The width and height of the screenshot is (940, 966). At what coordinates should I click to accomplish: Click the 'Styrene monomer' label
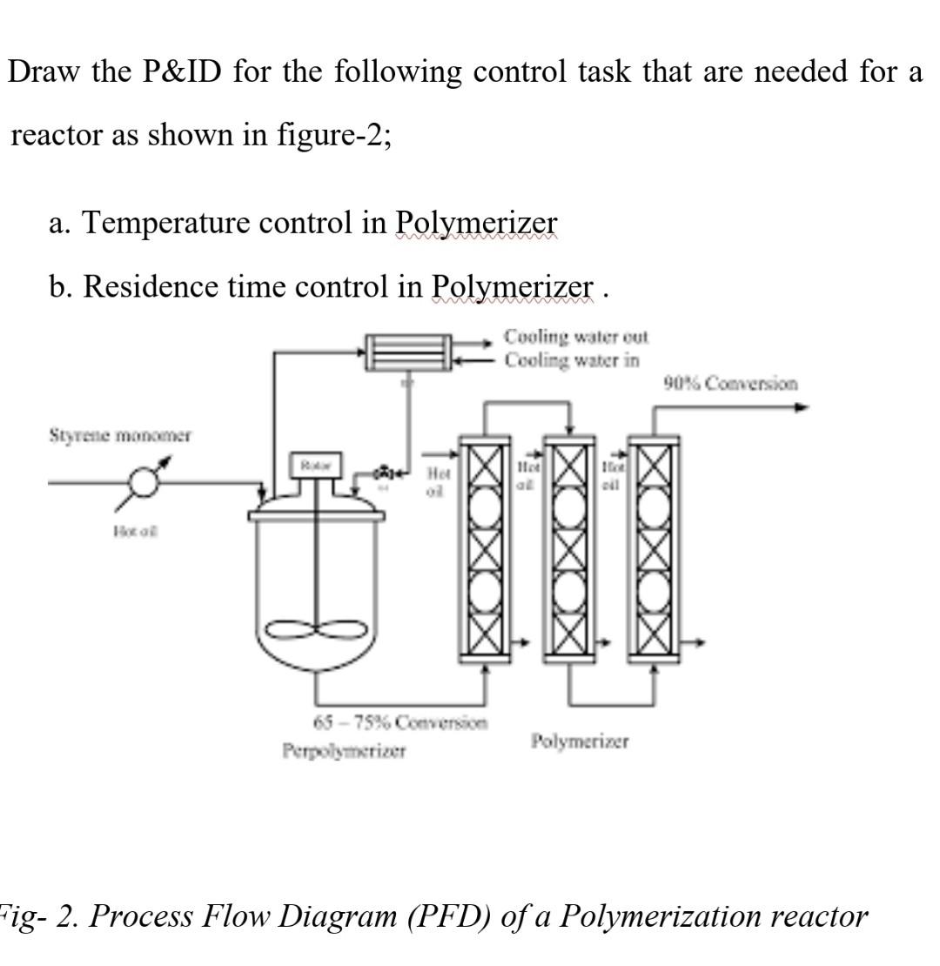point(120,434)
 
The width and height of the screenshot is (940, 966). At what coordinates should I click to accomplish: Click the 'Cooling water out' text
point(576,336)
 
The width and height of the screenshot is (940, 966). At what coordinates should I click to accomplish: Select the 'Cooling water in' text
point(573,359)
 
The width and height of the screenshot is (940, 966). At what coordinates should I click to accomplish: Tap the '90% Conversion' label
point(729,383)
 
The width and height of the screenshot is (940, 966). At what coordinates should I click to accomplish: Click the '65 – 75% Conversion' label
point(400,721)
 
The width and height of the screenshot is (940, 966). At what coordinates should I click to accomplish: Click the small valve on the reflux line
point(384,474)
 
